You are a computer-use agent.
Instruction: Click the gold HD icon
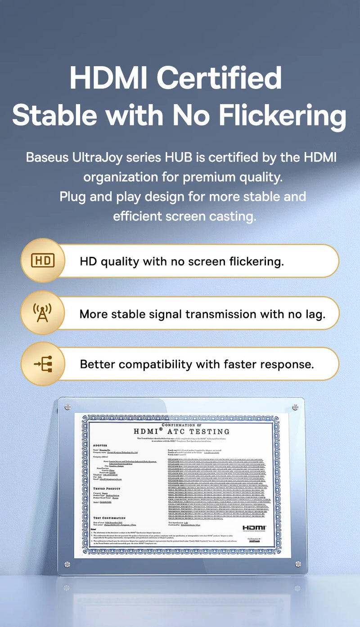[43, 260]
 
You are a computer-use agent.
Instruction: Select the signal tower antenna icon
[43, 313]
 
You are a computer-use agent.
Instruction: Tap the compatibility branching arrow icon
[43, 364]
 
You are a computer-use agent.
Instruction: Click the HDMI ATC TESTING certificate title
[182, 431]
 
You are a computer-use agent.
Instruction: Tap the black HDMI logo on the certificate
[255, 527]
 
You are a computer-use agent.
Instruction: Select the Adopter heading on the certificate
[100, 445]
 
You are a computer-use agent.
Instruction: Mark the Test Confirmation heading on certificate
[109, 518]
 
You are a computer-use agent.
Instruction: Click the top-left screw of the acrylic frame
[67, 407]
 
